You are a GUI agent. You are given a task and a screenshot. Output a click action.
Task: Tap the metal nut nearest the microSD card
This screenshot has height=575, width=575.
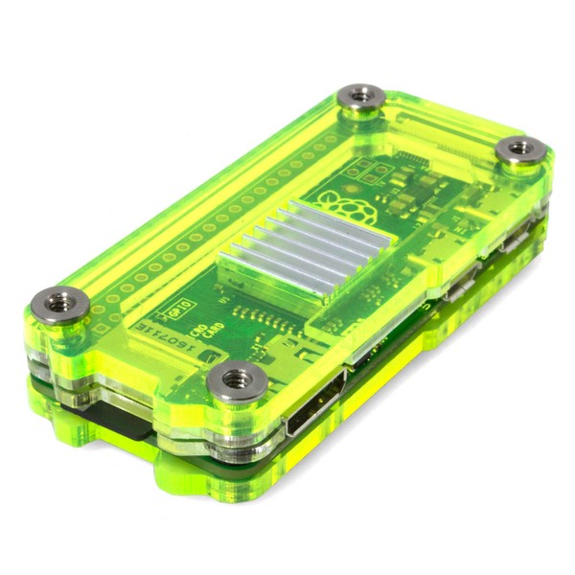coord(59,305)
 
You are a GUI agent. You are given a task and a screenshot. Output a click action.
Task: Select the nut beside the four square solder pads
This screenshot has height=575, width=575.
coord(362,99)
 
